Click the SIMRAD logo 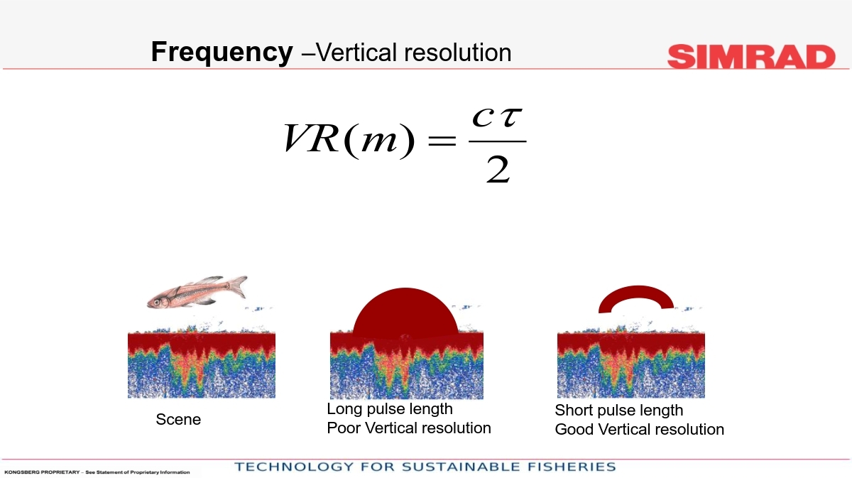[x=751, y=56]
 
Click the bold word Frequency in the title [x=222, y=52]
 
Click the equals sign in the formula [x=442, y=141]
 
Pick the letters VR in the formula [x=311, y=139]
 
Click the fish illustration [x=197, y=293]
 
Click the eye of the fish [x=156, y=302]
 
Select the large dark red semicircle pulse [x=405, y=313]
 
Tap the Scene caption [x=178, y=420]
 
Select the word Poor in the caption [x=344, y=428]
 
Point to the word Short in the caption [x=574, y=411]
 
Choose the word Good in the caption [x=574, y=429]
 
